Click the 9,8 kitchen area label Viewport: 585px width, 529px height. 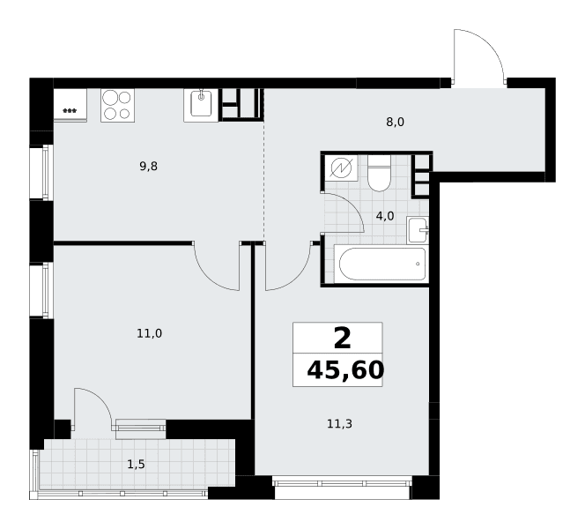tap(149, 167)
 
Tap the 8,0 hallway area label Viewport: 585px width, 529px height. tap(395, 122)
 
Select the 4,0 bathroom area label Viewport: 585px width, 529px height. tap(385, 216)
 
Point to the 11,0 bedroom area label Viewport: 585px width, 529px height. tap(149, 333)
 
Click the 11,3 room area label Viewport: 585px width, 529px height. tap(339, 424)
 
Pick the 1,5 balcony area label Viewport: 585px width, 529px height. tap(137, 465)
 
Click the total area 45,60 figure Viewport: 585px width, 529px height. tap(345, 370)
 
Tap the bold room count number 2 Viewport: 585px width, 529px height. tap(343, 339)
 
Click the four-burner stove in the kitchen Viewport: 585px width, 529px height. tap(117, 105)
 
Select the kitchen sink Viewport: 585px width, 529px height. tap(201, 105)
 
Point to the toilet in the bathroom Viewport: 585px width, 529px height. tap(379, 173)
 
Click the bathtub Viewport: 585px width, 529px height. tap(381, 264)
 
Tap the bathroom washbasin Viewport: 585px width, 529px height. tap(418, 230)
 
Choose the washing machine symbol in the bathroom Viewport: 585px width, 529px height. tap(341, 168)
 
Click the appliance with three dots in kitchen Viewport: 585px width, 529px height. tap(70, 105)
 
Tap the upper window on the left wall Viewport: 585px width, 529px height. tap(41, 173)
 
